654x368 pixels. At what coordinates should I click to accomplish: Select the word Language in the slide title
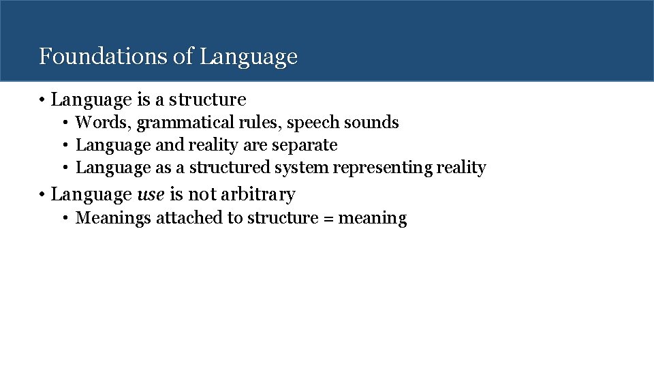[249, 57]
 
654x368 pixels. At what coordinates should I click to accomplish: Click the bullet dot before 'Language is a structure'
[42, 100]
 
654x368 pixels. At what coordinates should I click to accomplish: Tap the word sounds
[371, 123]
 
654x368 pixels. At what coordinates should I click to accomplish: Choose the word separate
[307, 146]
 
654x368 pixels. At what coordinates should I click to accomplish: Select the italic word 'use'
[151, 195]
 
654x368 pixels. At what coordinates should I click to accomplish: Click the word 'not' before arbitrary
[202, 195]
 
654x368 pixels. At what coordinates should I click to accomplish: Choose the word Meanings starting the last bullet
[113, 219]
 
